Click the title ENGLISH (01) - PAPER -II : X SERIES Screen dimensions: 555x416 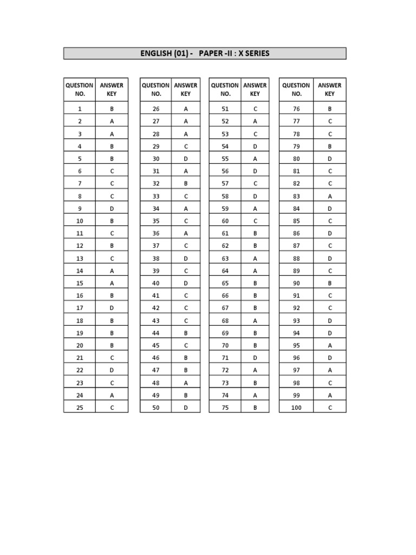[x=205, y=54]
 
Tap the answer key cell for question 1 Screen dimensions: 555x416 [x=112, y=108]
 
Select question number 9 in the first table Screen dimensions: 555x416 [x=80, y=208]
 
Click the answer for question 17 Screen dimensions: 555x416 [x=112, y=308]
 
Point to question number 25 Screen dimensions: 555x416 [x=80, y=408]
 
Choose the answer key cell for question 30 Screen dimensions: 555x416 [x=186, y=158]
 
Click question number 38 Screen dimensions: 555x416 [x=156, y=258]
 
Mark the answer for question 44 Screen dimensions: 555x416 [x=186, y=333]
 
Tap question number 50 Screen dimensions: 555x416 [x=156, y=408]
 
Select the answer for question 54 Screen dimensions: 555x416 [x=255, y=146]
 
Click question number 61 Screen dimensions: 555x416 [x=225, y=233]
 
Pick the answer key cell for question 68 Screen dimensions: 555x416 [x=255, y=320]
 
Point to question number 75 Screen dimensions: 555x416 [x=225, y=408]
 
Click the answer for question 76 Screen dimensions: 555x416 [x=329, y=108]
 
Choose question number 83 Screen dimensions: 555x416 [x=296, y=196]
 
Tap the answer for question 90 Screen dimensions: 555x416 [x=329, y=283]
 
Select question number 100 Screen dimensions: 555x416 [x=296, y=408]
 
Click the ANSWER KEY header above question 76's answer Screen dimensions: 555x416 [x=329, y=89]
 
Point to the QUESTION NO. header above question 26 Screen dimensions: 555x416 [x=156, y=89]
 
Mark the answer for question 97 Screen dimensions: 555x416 [x=329, y=370]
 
